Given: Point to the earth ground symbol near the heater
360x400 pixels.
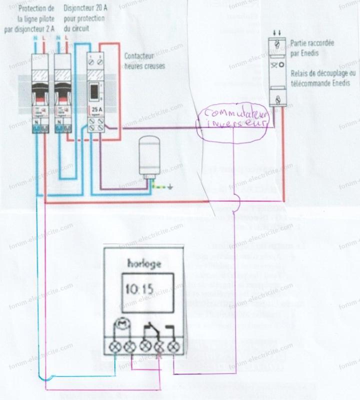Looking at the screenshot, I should point(170,188).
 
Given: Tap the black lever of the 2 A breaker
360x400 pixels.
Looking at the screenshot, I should point(39,92).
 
